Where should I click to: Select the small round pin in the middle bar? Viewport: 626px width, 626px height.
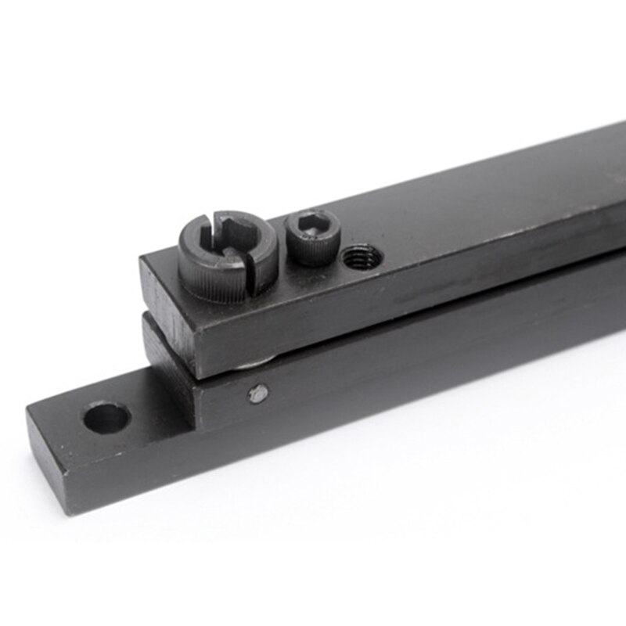(x=257, y=394)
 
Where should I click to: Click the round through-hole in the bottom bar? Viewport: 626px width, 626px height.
(x=106, y=417)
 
